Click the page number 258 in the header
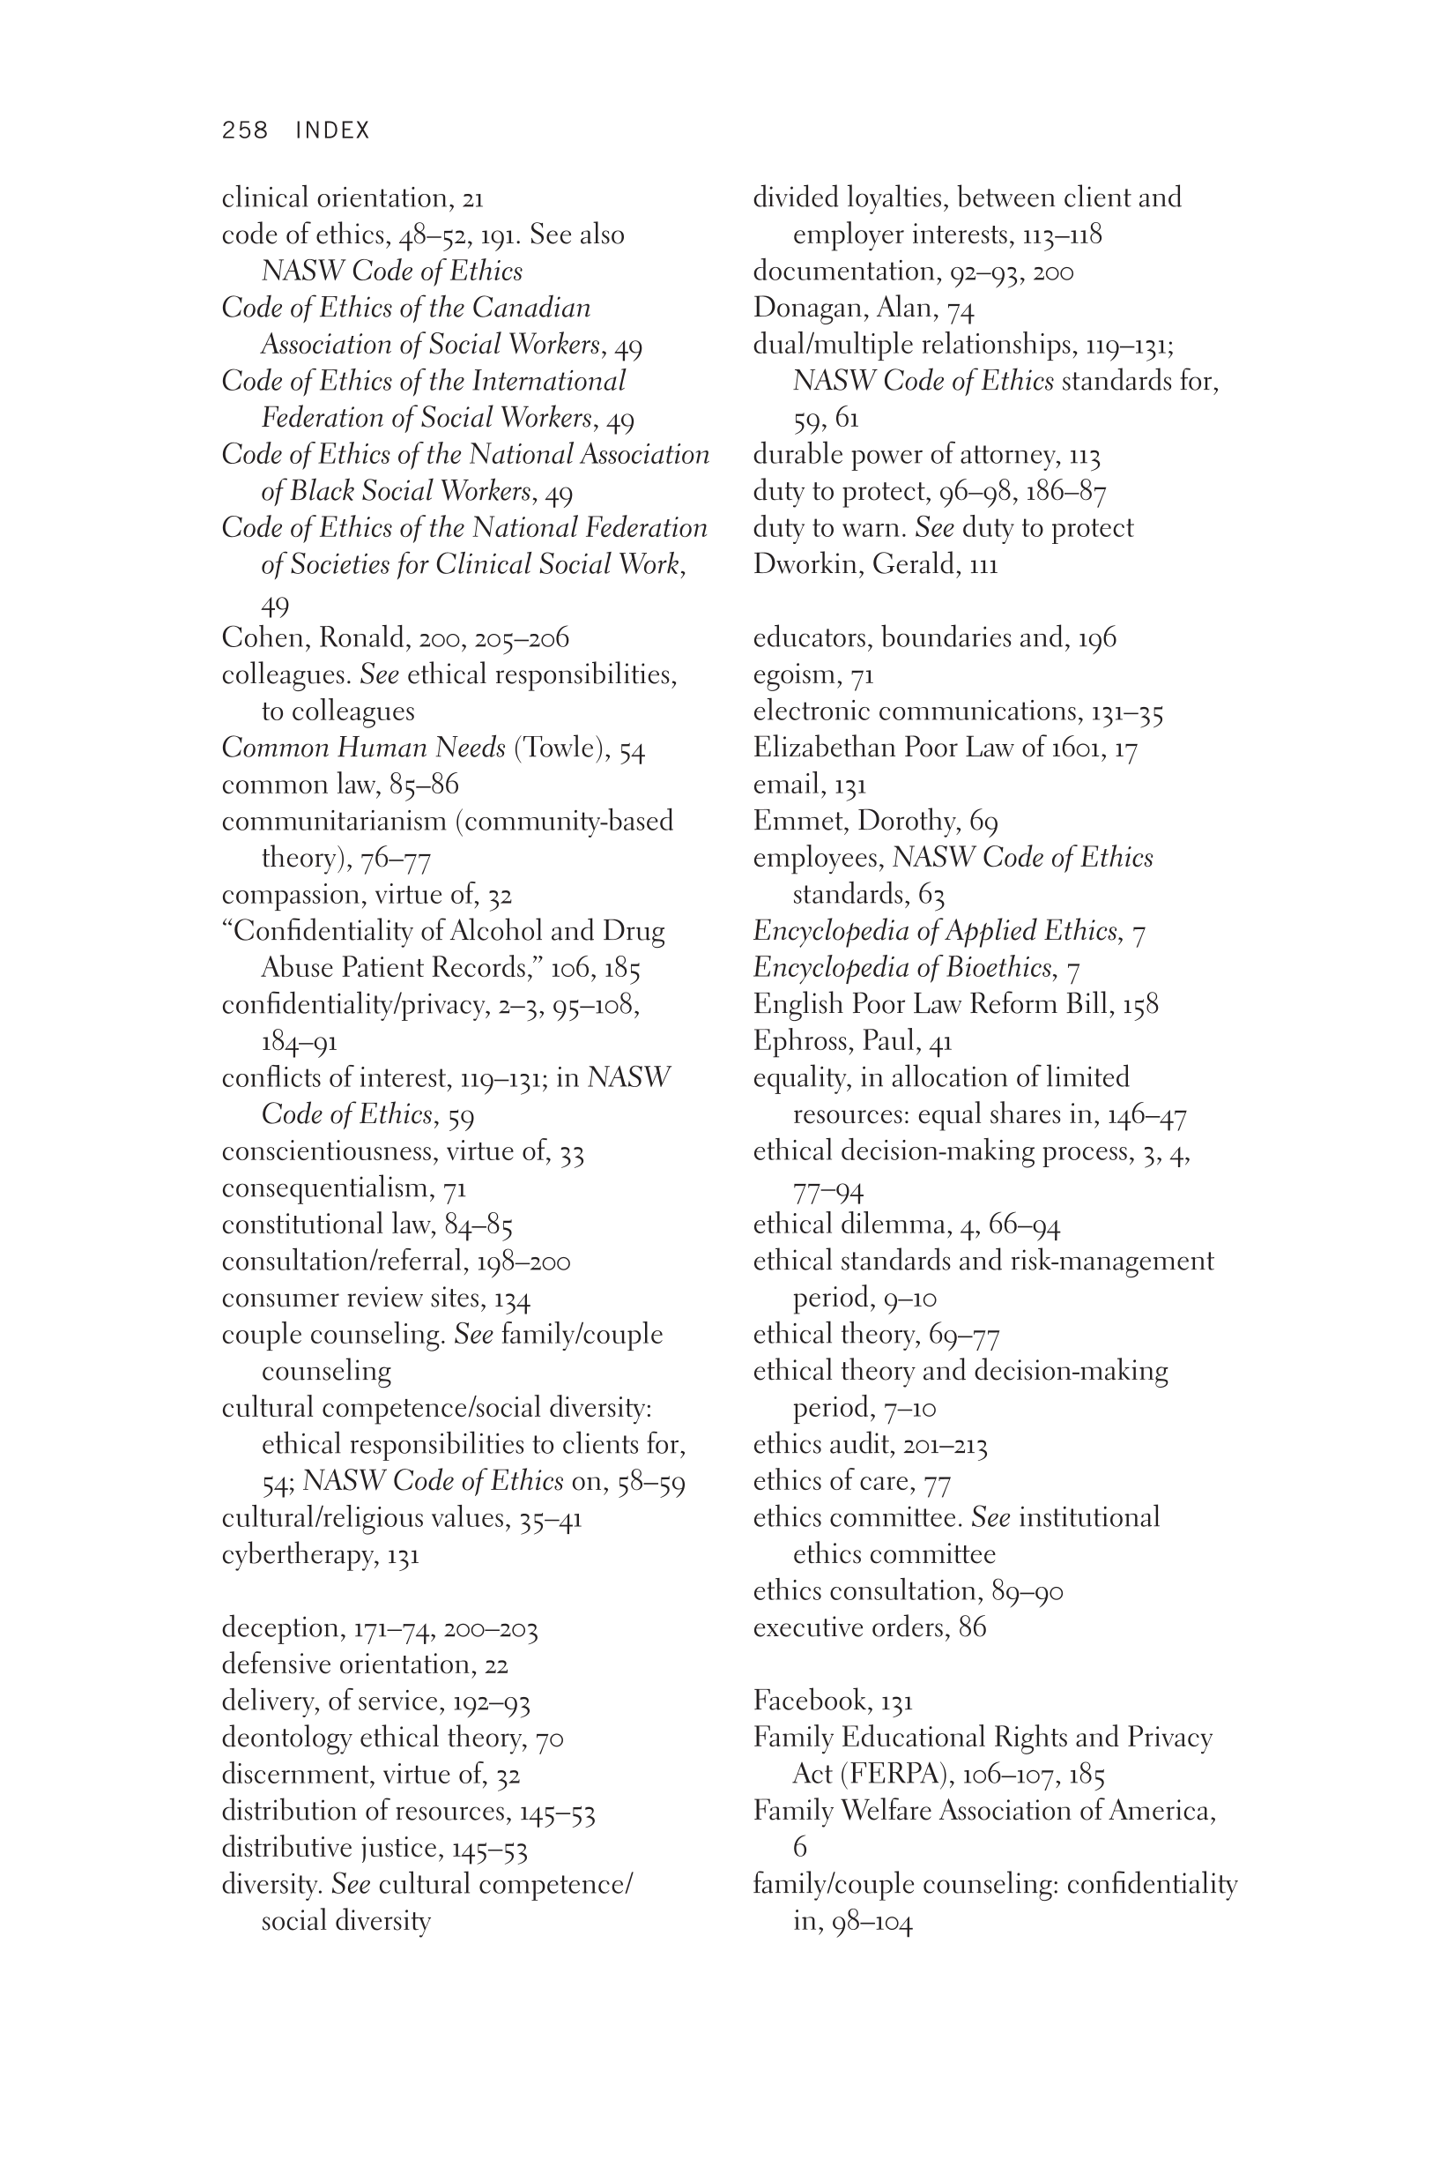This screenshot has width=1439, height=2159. point(244,130)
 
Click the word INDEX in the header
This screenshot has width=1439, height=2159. point(332,130)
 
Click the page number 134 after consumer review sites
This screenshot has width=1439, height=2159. point(512,1299)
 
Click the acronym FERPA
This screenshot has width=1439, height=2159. point(892,1775)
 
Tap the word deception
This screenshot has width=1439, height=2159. point(281,1628)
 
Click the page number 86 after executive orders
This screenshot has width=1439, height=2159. point(972,1627)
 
